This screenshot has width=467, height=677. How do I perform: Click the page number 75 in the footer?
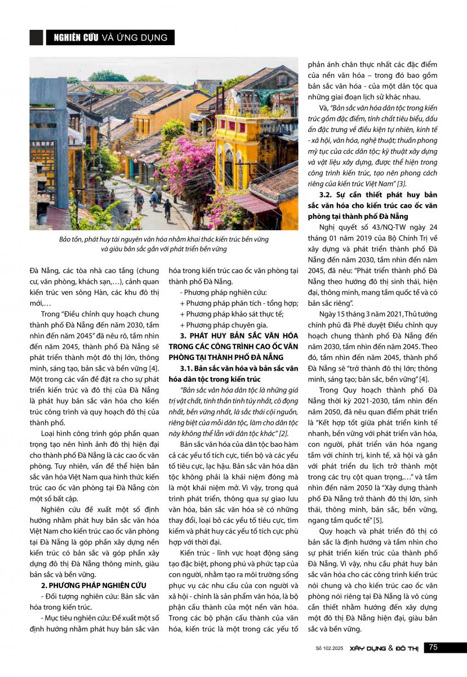433,648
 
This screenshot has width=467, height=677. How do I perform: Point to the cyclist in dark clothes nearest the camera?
167,209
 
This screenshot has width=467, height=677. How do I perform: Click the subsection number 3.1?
188,369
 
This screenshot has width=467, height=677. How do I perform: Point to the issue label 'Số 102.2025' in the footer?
329,648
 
